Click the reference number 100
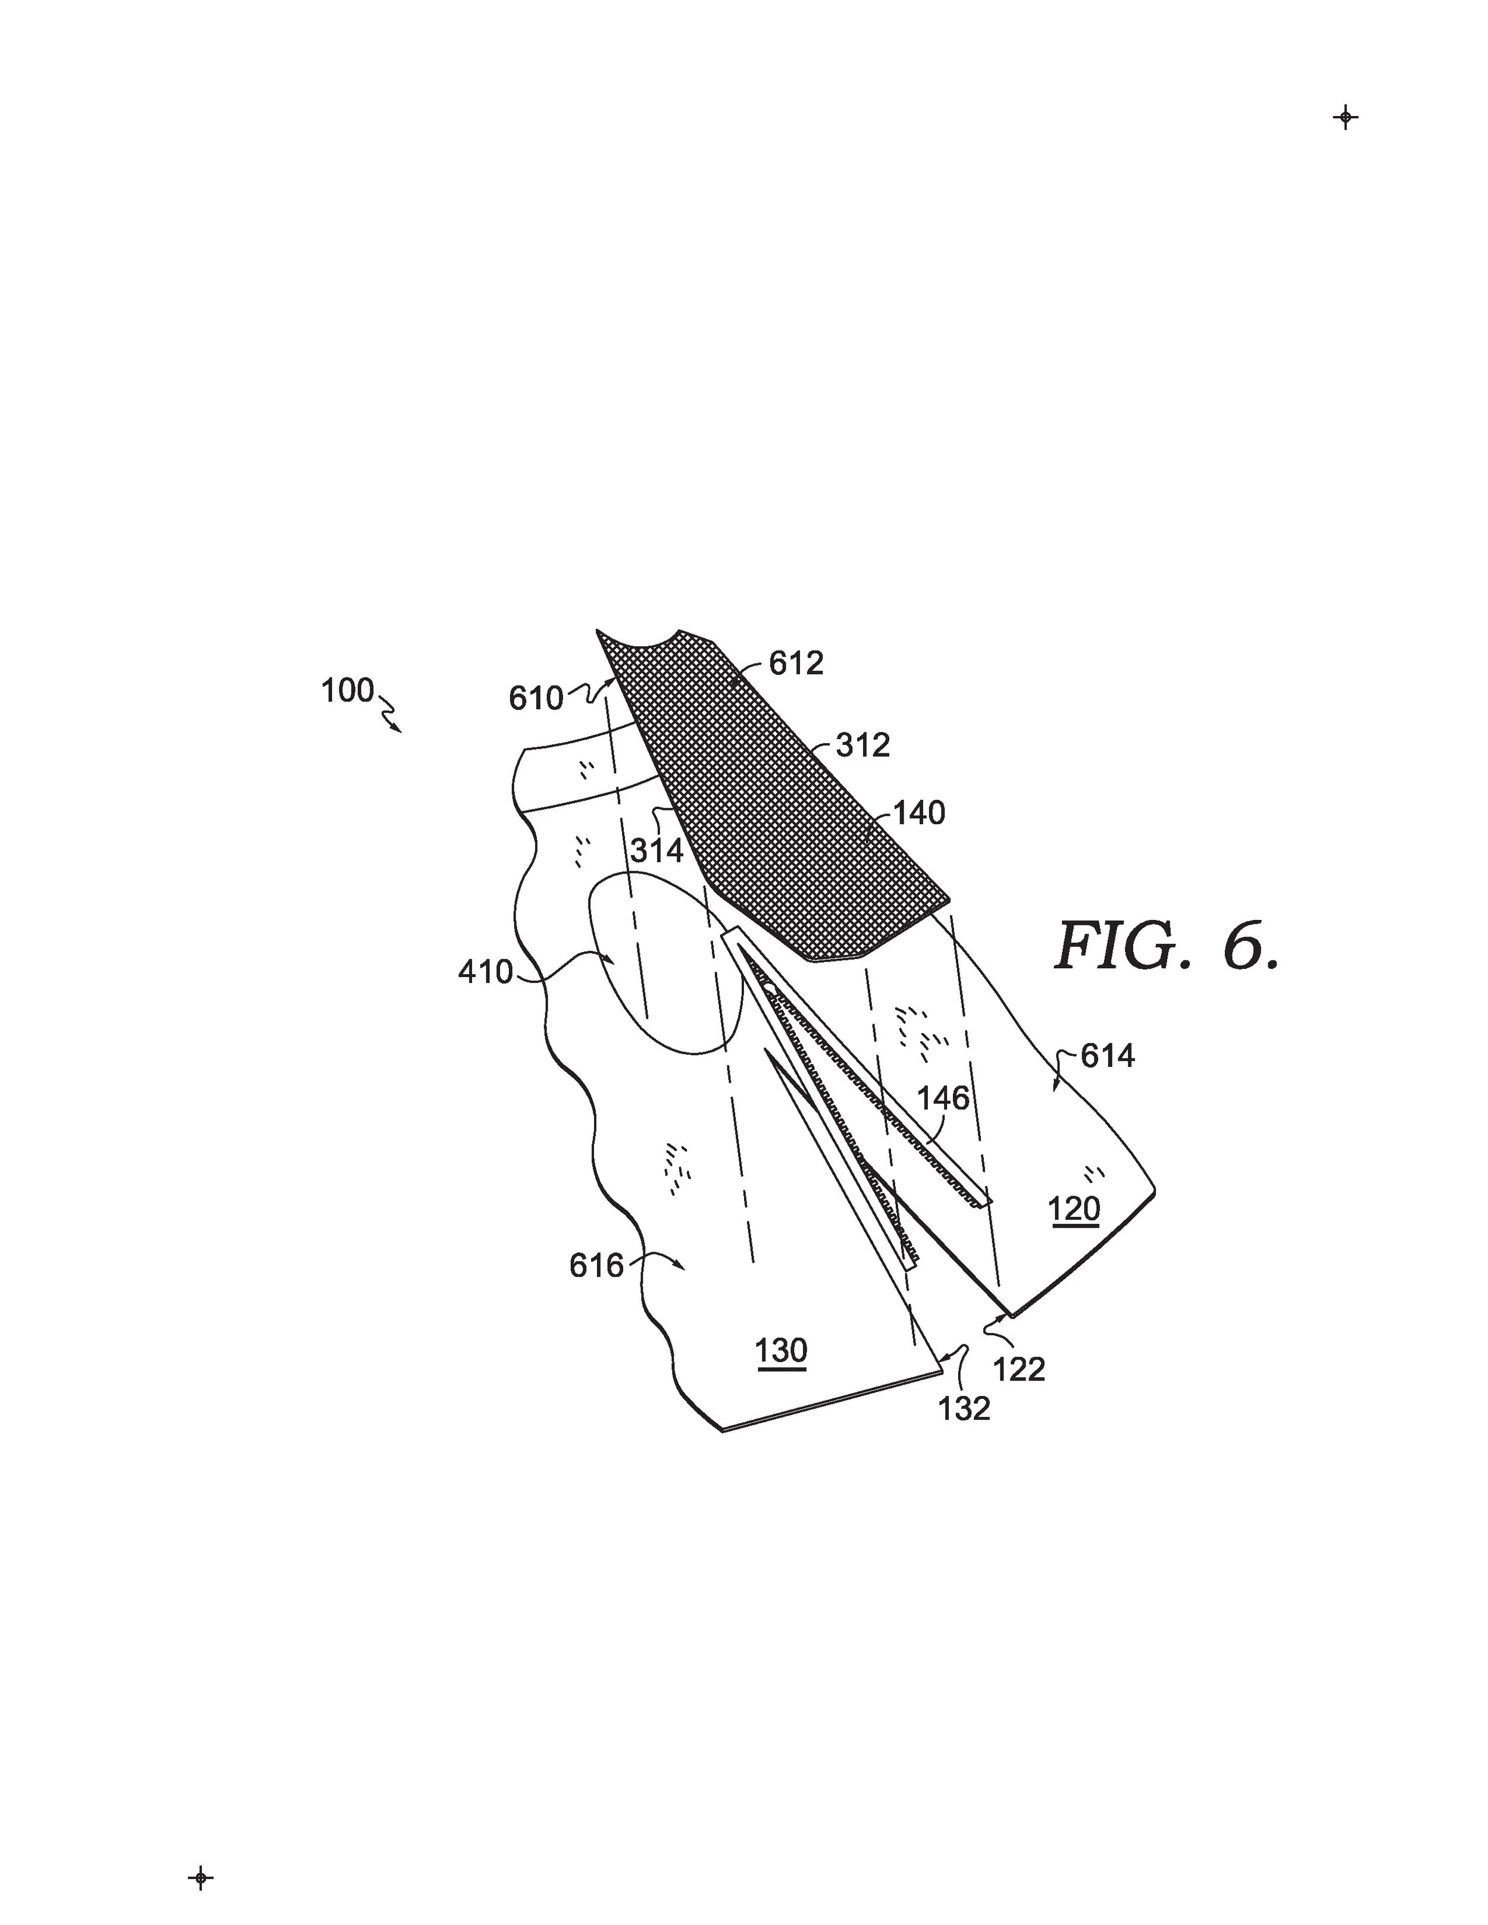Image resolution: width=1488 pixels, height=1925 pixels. [348, 691]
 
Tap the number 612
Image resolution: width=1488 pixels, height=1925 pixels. [796, 663]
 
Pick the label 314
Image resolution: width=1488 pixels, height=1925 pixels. [657, 850]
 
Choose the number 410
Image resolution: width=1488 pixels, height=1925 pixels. [485, 972]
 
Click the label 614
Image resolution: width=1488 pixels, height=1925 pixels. [1107, 1056]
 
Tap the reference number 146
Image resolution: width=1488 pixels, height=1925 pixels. [943, 1098]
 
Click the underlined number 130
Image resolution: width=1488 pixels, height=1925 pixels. [781, 1350]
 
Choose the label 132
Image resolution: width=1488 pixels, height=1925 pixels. [964, 1409]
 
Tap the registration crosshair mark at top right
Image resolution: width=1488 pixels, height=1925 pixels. [1345, 117]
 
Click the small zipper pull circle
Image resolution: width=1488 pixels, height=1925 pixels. [770, 987]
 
